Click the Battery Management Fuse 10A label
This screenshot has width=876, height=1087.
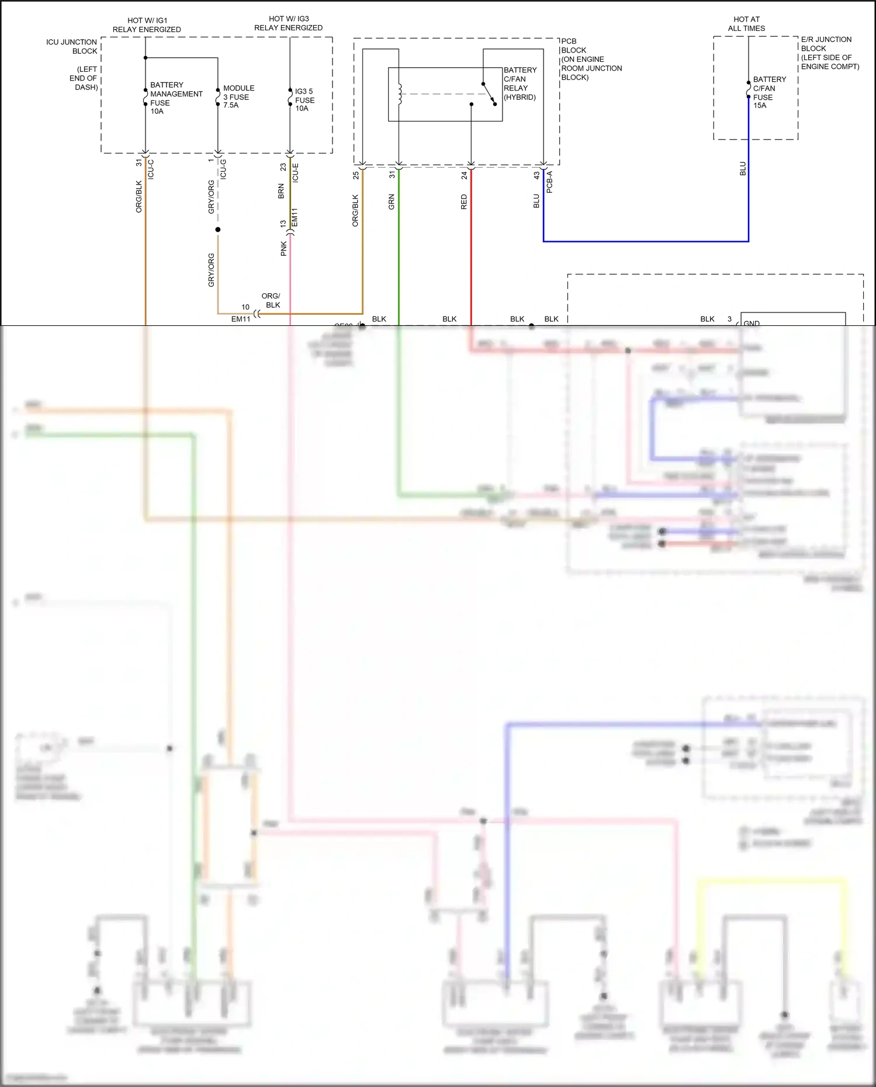click(175, 98)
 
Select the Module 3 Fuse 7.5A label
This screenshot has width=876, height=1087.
click(238, 96)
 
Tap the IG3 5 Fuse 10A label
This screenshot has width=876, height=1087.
click(304, 99)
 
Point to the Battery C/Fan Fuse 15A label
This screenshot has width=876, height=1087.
click(769, 92)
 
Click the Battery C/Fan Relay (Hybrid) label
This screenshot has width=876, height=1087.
click(520, 84)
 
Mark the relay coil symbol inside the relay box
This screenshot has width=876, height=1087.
click(400, 94)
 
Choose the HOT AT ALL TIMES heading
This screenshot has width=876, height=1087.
click(746, 23)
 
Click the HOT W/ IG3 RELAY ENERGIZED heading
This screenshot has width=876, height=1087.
click(288, 23)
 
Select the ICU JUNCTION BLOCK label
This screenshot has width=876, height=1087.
click(72, 46)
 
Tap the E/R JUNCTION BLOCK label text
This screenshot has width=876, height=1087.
click(829, 53)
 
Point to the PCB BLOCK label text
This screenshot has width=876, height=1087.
click(590, 58)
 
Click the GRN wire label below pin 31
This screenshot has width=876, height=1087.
click(392, 202)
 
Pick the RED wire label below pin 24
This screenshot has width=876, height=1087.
click(464, 202)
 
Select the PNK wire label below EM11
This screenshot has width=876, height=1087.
click(283, 249)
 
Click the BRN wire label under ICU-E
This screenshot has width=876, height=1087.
click(281, 191)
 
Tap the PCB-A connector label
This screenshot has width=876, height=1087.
click(549, 182)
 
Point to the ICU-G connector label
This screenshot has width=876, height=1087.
click(223, 169)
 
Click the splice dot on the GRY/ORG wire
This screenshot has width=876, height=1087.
click(218, 230)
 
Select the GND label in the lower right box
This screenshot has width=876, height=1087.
click(752, 323)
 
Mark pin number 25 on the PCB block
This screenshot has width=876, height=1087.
click(356, 175)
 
